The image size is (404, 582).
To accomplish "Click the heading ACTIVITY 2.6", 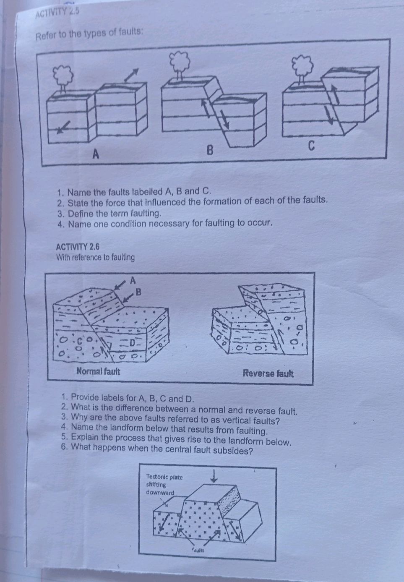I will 78,247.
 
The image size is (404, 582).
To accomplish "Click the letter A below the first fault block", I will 95,154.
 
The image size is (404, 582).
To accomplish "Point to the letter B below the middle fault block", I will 211,149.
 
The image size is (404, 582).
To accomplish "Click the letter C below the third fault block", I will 311,146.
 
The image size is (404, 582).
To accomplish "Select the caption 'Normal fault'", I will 98,371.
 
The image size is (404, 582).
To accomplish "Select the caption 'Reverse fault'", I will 268,373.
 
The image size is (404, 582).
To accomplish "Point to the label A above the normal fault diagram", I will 133,279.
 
